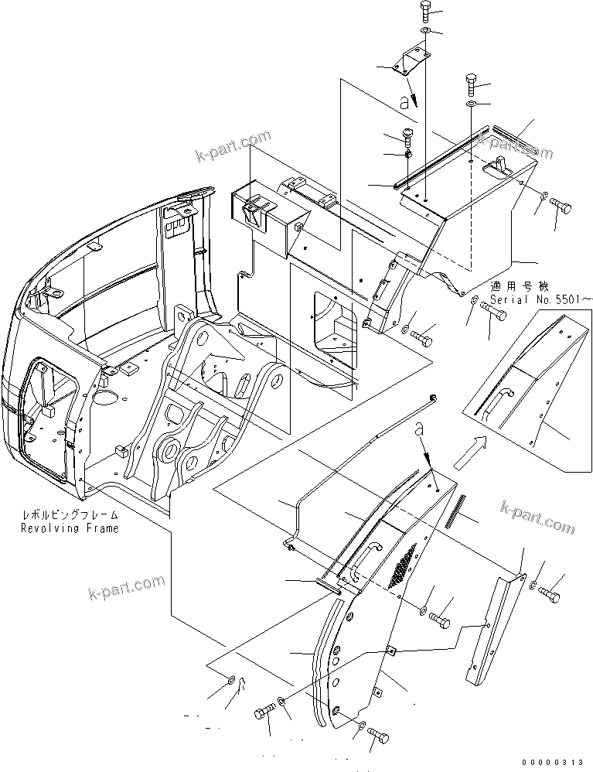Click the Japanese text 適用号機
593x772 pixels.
pyautogui.click(x=513, y=285)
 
